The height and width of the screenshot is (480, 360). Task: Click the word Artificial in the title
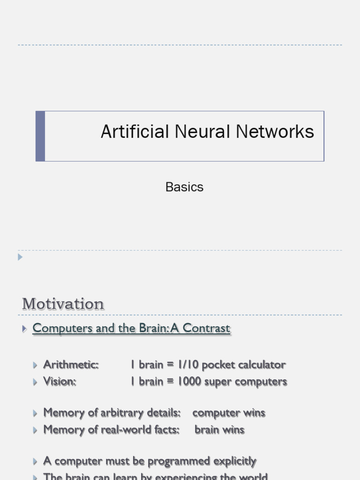coord(135,132)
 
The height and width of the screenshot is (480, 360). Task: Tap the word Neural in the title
coord(202,132)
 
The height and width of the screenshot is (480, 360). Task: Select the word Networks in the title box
coord(275,132)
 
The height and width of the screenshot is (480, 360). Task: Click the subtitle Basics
coord(184,187)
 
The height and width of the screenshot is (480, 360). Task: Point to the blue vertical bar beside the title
coord(40,136)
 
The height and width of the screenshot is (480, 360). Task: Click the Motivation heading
coord(63,304)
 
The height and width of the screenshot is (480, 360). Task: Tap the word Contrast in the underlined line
coord(206,328)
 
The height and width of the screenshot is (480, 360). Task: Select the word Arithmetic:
coord(71,365)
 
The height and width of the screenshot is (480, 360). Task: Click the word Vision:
coord(60,382)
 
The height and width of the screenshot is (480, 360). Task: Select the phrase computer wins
coord(229,413)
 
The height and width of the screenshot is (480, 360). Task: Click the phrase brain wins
coord(219,430)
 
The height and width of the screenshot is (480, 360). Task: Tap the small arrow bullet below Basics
coord(20,257)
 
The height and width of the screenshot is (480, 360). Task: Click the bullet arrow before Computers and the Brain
coord(24,329)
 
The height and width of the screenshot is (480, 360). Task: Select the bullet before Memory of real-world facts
coord(36,430)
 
